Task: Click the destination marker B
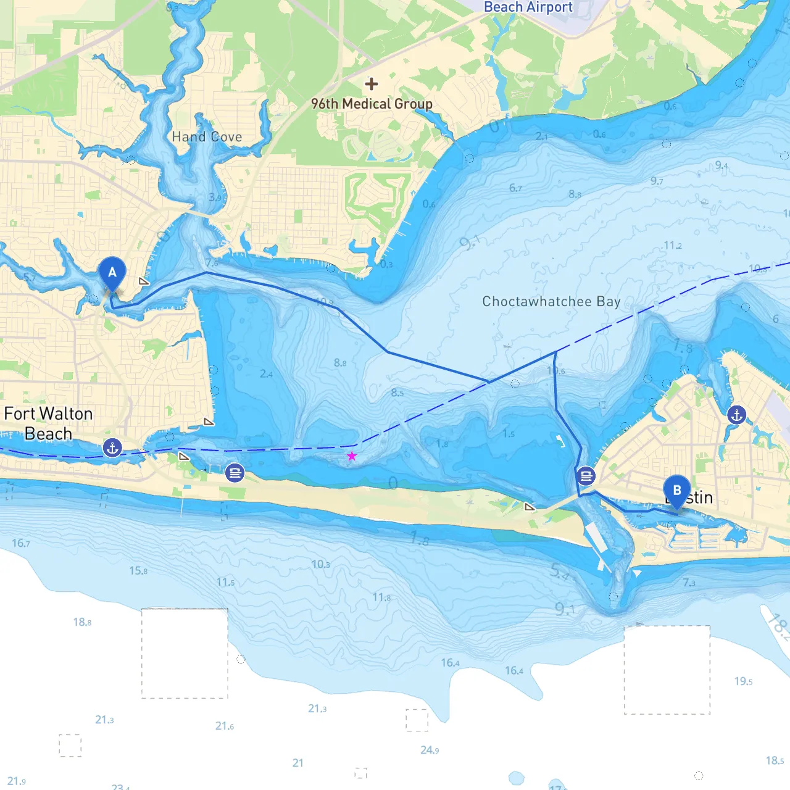tap(676, 491)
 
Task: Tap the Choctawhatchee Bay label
tap(551, 302)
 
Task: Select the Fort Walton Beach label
tap(48, 423)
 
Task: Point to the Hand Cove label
tap(207, 137)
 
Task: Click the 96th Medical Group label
tap(372, 104)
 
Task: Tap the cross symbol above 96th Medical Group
tap(371, 84)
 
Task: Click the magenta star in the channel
tap(352, 456)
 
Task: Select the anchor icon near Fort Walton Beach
tap(112, 447)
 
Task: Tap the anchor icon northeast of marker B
tap(736, 415)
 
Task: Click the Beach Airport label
tap(528, 7)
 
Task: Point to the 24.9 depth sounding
tap(430, 750)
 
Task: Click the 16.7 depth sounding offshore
tap(20, 543)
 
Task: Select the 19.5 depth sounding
tap(743, 681)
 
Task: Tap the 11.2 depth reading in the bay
tap(673, 246)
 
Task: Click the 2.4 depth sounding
tap(266, 374)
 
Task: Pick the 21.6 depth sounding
tap(225, 726)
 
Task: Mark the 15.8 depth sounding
tap(138, 571)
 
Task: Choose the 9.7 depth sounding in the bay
tap(657, 181)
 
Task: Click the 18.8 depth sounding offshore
tap(82, 622)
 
